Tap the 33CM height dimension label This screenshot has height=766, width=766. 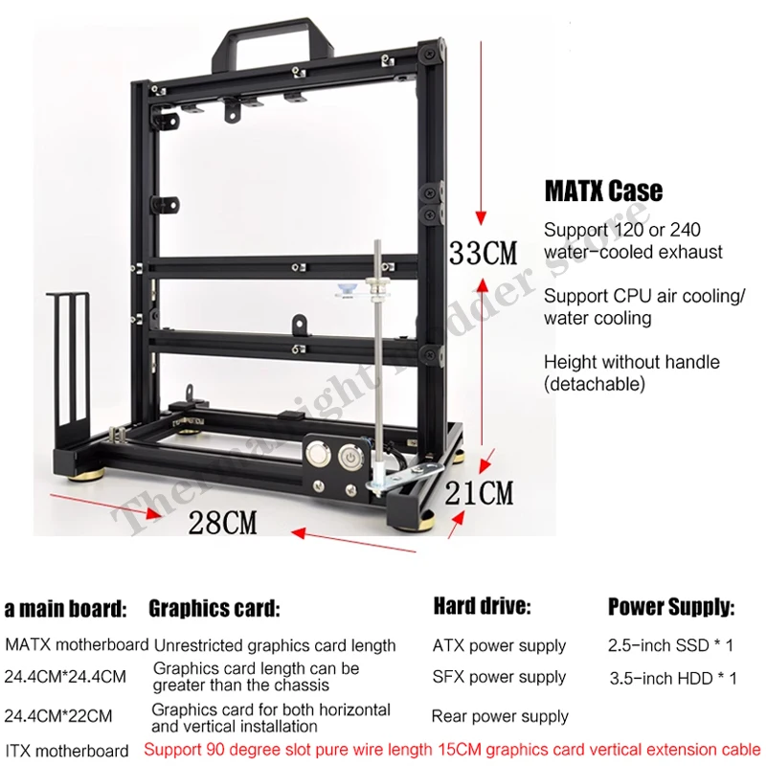click(x=484, y=253)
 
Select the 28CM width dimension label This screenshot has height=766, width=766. click(x=222, y=523)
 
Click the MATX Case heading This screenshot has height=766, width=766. click(x=602, y=191)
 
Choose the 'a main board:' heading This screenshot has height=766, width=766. click(x=65, y=608)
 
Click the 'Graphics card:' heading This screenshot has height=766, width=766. click(x=214, y=608)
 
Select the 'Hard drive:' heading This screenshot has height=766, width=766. click(x=482, y=606)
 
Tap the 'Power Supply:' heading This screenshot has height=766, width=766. click(x=671, y=607)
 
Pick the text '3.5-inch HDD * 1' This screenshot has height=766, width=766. click(x=673, y=678)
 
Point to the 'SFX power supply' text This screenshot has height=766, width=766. click(x=499, y=678)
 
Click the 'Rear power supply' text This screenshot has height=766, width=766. click(x=500, y=716)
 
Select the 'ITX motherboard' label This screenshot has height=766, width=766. click(x=66, y=751)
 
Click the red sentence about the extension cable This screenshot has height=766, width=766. click(x=452, y=749)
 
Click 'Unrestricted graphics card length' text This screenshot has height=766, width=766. click(x=275, y=645)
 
